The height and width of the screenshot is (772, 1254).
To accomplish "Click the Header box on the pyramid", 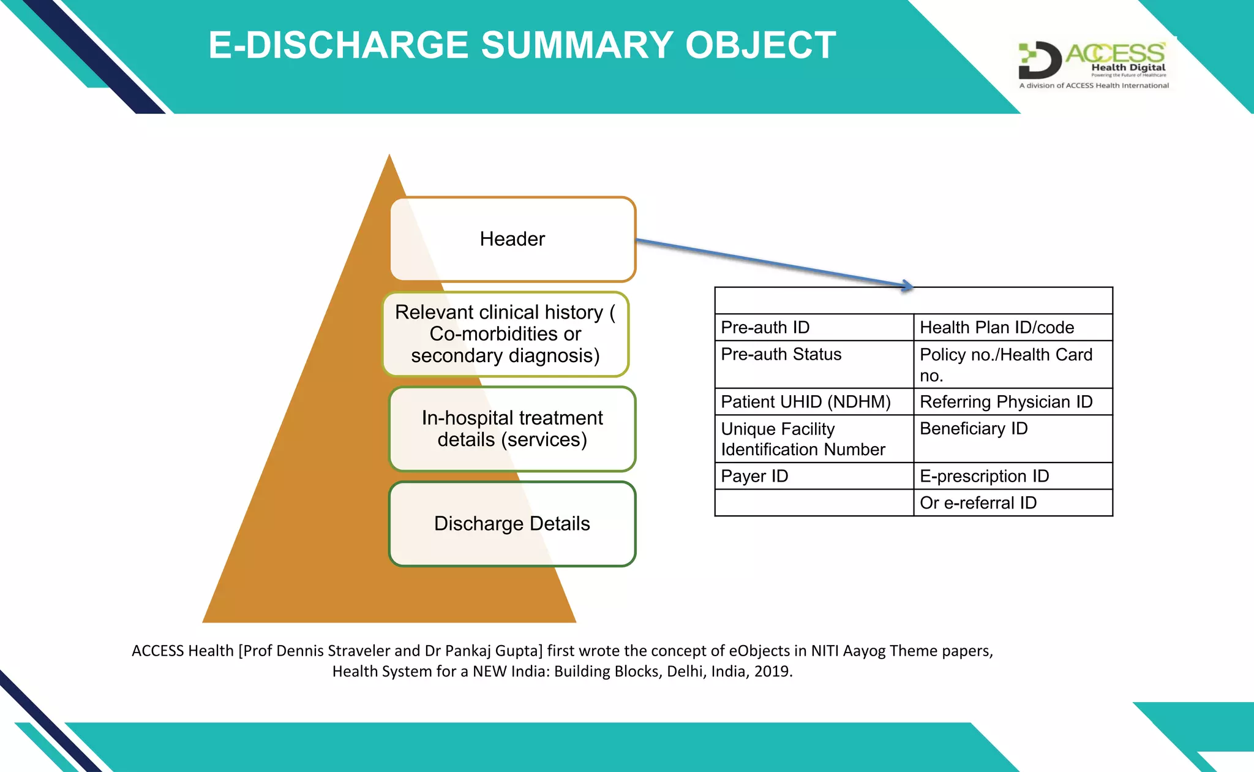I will click(512, 239).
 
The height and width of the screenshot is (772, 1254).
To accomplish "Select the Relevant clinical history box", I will click(506, 334).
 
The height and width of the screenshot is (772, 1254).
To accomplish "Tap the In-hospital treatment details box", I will click(512, 429).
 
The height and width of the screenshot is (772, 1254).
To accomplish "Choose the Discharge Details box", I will click(512, 524).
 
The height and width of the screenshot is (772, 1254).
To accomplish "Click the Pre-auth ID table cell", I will click(814, 327).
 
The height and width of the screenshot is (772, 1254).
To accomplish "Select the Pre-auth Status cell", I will click(814, 364).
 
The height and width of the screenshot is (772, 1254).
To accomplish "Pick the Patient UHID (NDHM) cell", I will click(814, 402).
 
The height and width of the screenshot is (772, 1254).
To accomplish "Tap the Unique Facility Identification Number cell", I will click(814, 439).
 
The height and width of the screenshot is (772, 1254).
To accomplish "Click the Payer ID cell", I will click(814, 476).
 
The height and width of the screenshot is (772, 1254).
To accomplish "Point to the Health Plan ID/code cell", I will click(1013, 327).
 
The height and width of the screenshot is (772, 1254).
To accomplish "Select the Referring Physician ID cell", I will click(1013, 402).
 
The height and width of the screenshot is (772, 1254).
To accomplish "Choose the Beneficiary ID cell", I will click(1013, 439).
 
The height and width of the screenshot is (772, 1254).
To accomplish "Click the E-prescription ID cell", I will click(1013, 476).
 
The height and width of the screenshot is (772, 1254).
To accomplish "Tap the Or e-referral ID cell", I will click(1013, 503).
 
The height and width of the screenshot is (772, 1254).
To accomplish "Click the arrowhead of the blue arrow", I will click(908, 286).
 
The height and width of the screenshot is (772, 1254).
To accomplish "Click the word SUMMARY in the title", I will click(576, 45).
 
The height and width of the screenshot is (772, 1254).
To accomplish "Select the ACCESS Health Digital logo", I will click(1094, 65).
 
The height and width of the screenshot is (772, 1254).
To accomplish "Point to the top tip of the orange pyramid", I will click(389, 157).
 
